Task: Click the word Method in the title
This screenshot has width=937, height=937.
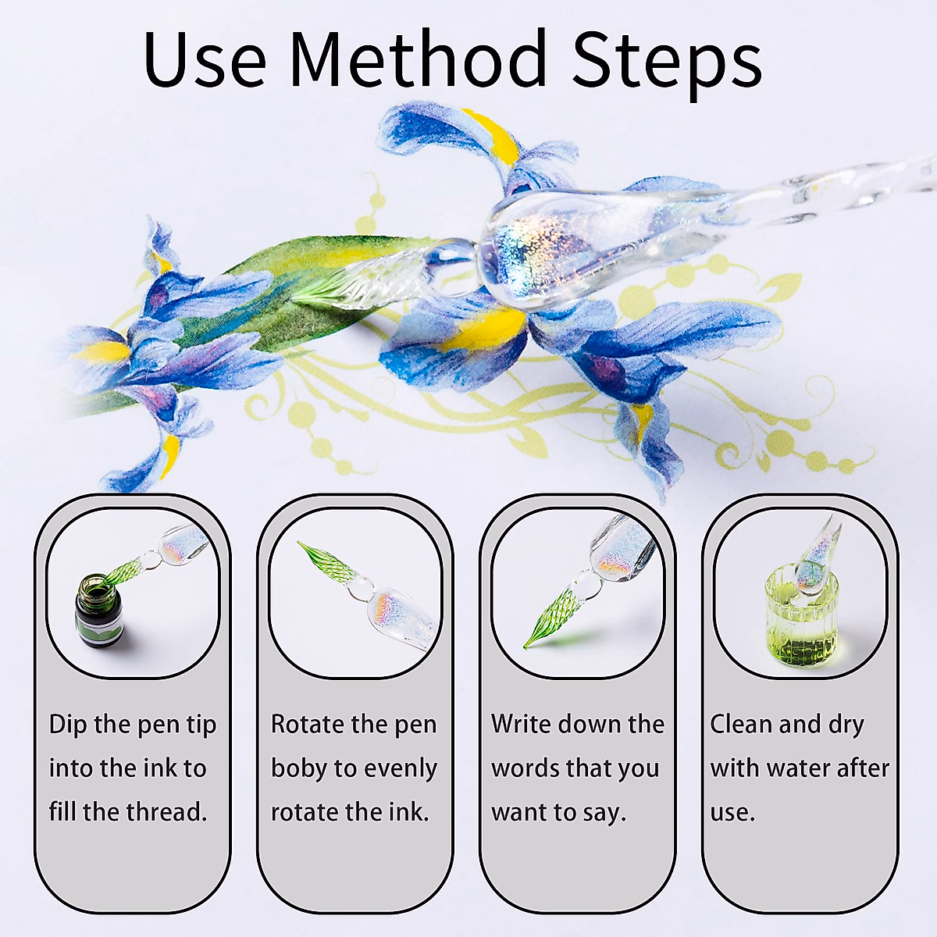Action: coord(419,60)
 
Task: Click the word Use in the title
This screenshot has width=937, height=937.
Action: coord(205,60)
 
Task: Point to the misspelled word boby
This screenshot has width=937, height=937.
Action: coord(298,768)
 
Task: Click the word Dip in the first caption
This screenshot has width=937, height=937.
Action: coord(68,725)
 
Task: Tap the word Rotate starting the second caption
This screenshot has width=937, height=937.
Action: coord(308,725)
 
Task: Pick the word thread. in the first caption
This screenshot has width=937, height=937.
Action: coord(166,812)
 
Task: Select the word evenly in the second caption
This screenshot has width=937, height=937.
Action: coord(400,768)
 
